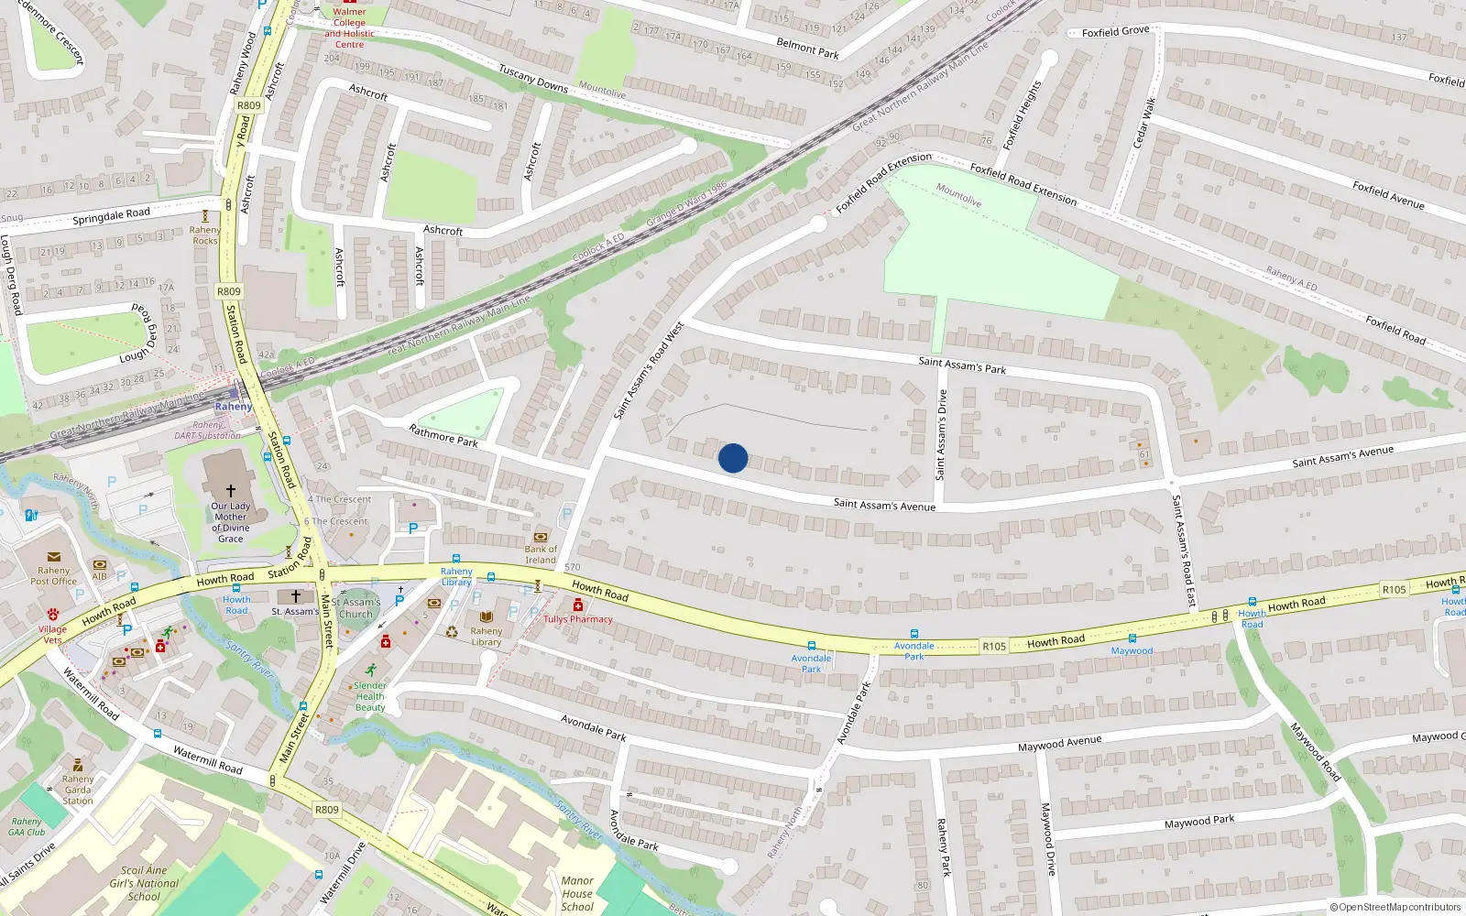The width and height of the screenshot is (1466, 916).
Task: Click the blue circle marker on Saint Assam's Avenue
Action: point(733,458)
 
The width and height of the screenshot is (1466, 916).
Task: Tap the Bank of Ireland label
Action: point(541,554)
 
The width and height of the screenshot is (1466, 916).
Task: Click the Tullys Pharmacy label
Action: point(578,619)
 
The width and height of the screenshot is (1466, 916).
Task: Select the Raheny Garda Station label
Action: point(78,790)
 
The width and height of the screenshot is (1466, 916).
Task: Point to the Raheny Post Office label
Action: point(54,575)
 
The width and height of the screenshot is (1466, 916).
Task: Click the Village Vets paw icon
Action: point(53,616)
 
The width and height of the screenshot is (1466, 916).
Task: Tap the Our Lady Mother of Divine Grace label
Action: point(231,522)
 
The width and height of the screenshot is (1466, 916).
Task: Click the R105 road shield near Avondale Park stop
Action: point(994,647)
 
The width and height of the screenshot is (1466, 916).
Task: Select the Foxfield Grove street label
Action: point(1115,32)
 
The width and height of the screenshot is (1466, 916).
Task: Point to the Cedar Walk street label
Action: point(1144,123)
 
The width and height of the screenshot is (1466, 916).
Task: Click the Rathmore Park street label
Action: point(443,435)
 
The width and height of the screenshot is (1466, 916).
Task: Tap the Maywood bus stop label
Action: point(1132,651)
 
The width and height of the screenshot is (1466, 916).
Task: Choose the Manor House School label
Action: point(577,894)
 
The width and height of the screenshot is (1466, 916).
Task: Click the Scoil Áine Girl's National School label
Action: point(145,884)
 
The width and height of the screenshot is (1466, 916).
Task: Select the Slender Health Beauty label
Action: point(370,696)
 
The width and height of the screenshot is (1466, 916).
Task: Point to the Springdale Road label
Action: point(111,216)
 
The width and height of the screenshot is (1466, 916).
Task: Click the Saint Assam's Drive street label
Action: point(941,435)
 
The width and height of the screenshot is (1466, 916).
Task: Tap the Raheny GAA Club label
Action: point(27,827)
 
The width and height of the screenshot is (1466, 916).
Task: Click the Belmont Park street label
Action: point(807,49)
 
